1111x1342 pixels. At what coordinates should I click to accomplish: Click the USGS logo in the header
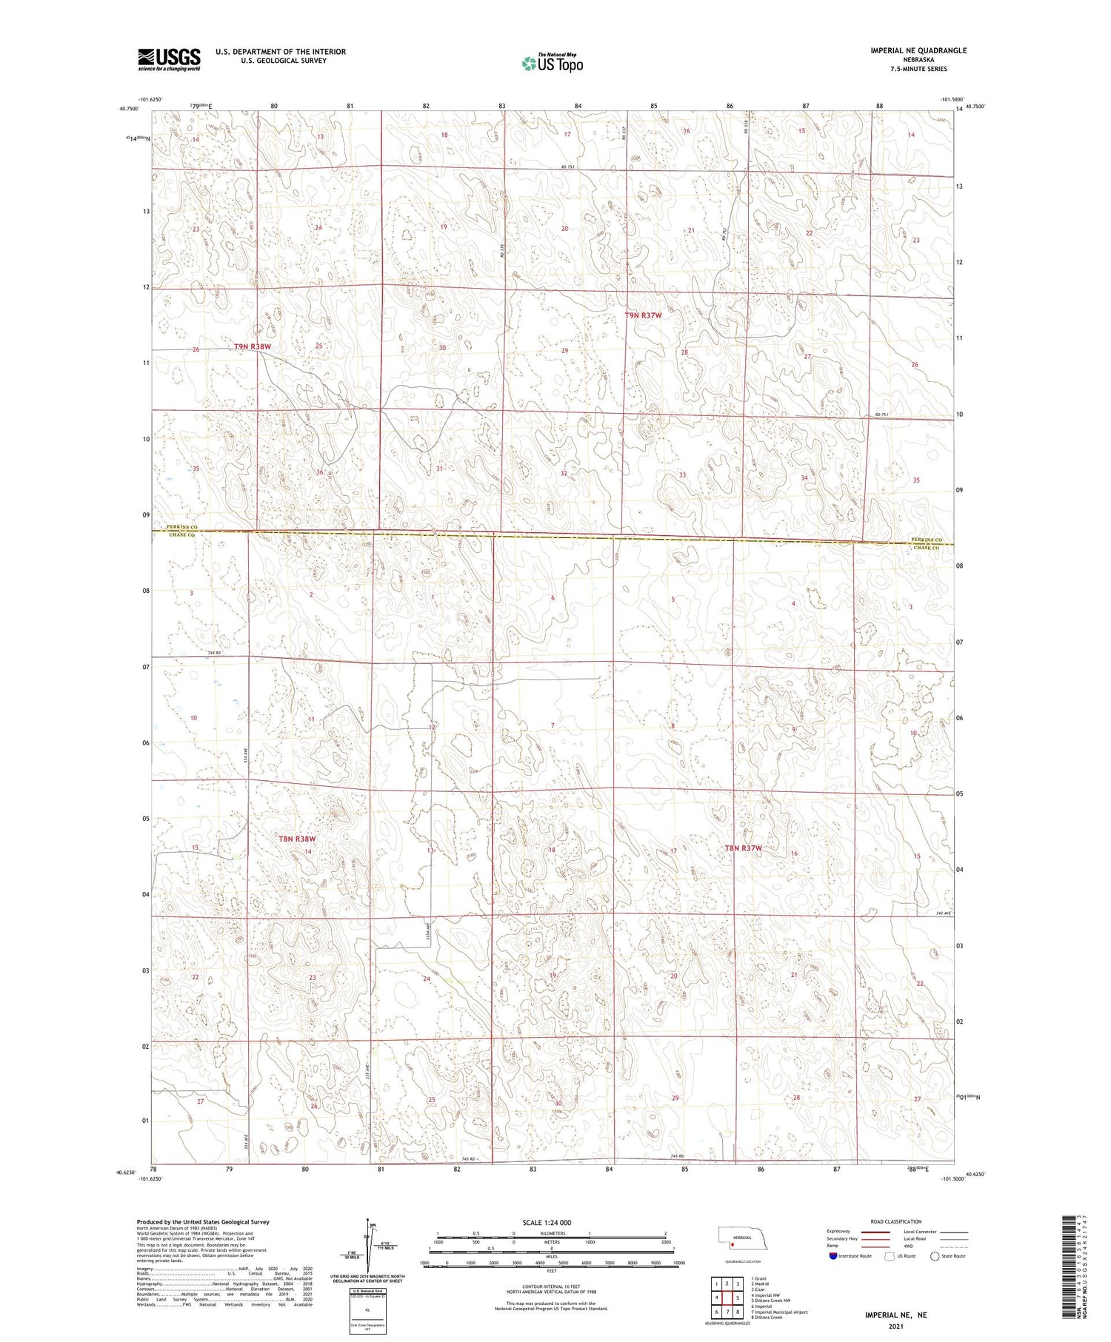tap(169, 59)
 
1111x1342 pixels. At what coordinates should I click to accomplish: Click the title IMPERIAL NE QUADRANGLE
tap(918, 50)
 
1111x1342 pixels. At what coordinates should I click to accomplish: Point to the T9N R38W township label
tap(253, 346)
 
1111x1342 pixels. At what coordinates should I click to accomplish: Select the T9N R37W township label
tap(643, 315)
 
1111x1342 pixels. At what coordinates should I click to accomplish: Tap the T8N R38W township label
tap(297, 839)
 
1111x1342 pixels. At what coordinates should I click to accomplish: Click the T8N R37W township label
tap(743, 848)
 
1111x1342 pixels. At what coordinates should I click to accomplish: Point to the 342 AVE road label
tap(942, 913)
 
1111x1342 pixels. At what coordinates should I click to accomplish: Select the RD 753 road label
tap(568, 167)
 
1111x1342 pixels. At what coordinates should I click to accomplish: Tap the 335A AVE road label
tap(428, 930)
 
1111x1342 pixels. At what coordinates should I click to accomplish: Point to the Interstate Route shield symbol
tap(833, 1256)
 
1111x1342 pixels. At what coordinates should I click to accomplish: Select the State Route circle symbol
tap(935, 1256)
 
